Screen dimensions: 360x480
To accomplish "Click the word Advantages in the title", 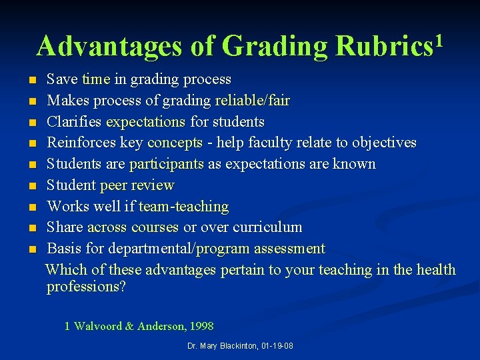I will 109,47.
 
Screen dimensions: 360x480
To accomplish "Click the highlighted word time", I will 95,79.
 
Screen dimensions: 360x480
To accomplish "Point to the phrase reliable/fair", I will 252,101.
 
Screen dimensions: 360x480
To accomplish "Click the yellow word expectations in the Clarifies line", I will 145,122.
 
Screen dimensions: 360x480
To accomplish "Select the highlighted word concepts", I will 175,143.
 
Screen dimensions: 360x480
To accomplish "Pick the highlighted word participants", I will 167,164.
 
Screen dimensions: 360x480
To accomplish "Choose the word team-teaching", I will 183,207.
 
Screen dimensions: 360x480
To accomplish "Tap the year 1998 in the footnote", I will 201,326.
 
